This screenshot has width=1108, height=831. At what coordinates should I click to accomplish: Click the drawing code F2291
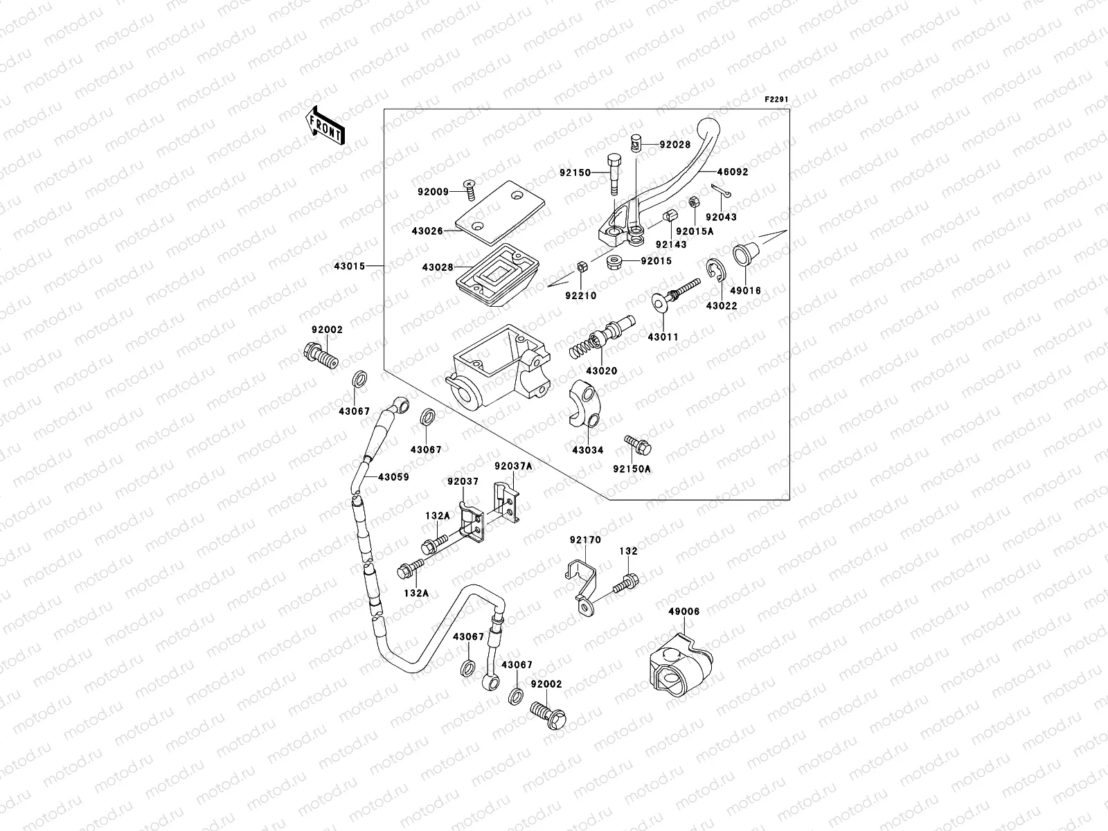pos(776,100)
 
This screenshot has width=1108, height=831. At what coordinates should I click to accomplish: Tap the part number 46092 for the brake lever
pos(732,172)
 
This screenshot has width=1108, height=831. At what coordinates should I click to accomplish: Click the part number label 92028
pos(674,145)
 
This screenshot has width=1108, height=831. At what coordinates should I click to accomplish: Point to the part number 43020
pos(601,371)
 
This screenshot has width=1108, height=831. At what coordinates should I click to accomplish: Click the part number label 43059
pos(393,477)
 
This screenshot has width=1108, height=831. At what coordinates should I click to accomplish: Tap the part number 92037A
pos(513,467)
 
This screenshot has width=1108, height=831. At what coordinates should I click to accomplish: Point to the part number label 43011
pos(663,337)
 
